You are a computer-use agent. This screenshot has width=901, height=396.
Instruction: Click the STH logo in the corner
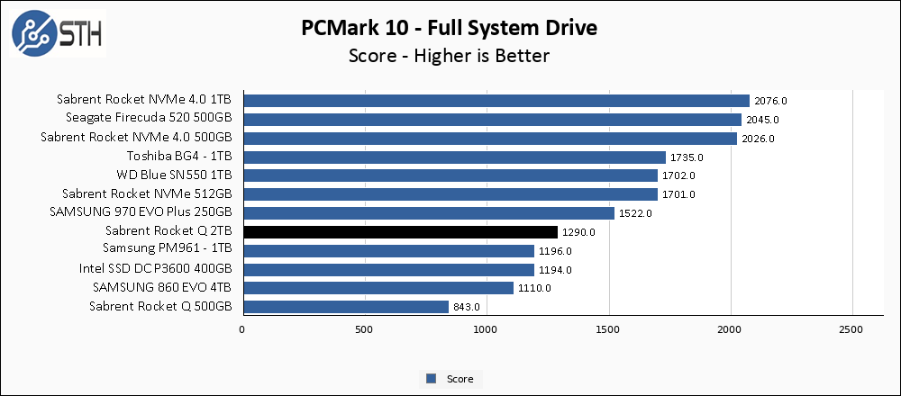(x=57, y=33)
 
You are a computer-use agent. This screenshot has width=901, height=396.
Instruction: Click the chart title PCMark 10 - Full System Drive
(x=450, y=28)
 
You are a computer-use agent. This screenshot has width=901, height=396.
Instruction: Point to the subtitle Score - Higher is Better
(x=450, y=56)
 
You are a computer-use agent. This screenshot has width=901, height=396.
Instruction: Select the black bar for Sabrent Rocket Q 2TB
(x=400, y=232)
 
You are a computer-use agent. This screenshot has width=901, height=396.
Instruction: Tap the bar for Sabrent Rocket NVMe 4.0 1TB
(x=496, y=101)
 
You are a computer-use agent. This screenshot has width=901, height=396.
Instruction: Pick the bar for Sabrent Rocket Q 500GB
(x=345, y=307)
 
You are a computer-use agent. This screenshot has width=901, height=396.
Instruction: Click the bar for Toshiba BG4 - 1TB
(x=453, y=157)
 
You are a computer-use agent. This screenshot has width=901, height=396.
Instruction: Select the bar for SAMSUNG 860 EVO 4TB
(x=378, y=288)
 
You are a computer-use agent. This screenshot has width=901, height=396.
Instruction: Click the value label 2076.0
(x=771, y=101)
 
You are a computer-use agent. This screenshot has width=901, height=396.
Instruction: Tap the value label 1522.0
(x=636, y=213)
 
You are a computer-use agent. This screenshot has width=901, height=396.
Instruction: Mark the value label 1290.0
(x=579, y=232)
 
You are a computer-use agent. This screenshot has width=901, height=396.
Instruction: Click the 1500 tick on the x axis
(x=609, y=330)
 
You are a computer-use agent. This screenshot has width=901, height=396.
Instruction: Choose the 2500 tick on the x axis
(x=852, y=330)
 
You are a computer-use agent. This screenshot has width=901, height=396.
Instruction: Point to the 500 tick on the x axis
(x=364, y=330)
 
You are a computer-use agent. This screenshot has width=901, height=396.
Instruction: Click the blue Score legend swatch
(x=432, y=379)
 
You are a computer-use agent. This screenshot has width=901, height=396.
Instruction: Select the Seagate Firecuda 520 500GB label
(x=149, y=119)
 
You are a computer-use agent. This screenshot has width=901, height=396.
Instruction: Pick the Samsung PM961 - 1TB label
(x=168, y=250)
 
